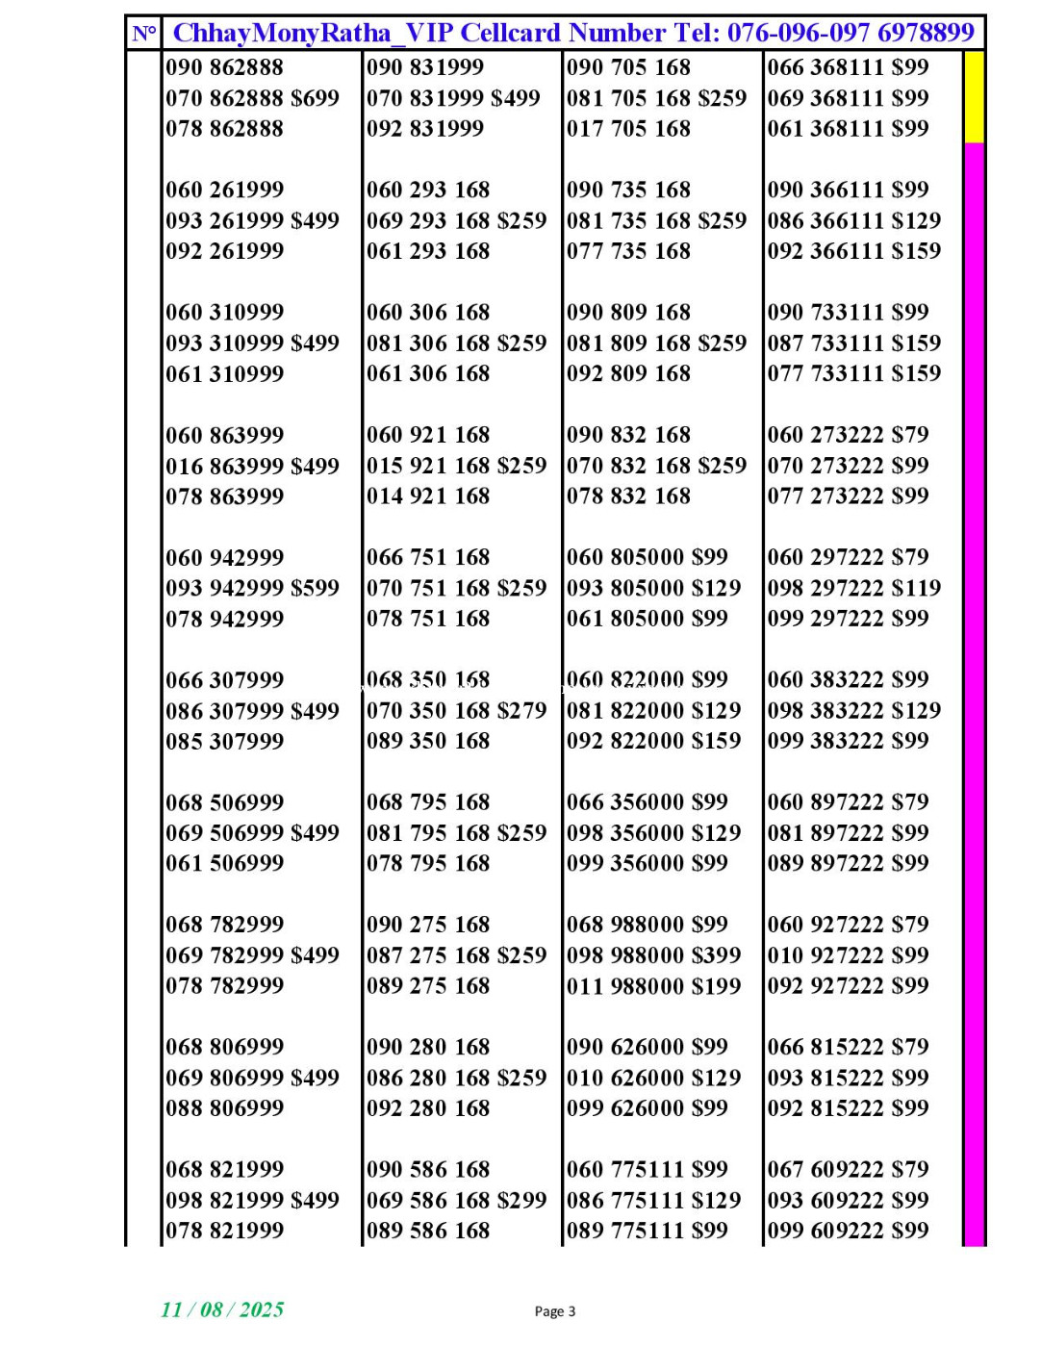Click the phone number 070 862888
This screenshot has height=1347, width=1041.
click(x=224, y=98)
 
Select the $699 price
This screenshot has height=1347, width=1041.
click(x=315, y=98)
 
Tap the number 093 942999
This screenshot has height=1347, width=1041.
click(x=224, y=588)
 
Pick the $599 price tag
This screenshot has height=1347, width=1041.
click(x=315, y=588)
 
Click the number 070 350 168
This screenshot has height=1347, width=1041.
click(x=428, y=711)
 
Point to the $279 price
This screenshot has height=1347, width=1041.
click(x=521, y=711)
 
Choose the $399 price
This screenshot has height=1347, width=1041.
click(x=715, y=955)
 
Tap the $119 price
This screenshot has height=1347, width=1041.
click(x=916, y=588)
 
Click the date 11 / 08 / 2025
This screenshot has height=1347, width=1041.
click(x=222, y=1309)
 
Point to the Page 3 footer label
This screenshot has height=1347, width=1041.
click(x=555, y=1311)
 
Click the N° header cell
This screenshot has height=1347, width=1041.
click(x=144, y=34)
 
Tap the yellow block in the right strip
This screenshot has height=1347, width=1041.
click(x=974, y=96)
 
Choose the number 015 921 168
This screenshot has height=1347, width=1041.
click(x=428, y=466)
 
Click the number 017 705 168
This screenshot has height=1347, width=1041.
click(x=628, y=129)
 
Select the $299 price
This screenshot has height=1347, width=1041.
click(x=521, y=1201)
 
